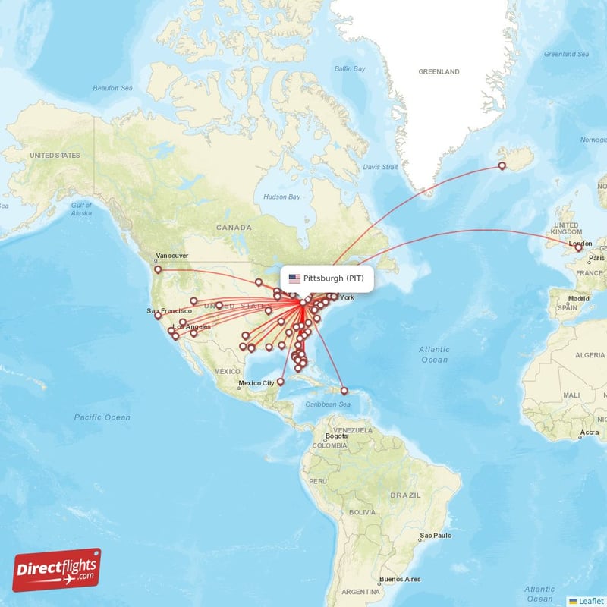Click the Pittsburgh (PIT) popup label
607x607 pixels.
(x=333, y=278)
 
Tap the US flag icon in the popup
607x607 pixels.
(x=294, y=278)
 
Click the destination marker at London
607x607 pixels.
(x=579, y=247)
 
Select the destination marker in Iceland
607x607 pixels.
(x=502, y=165)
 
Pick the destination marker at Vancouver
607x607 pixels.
(x=158, y=269)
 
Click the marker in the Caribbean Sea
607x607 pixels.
(x=344, y=392)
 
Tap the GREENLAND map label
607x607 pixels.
(x=439, y=72)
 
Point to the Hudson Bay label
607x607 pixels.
(x=281, y=197)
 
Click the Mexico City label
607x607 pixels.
(x=256, y=383)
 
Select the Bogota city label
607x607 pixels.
(x=335, y=436)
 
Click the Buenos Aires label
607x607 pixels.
(x=400, y=579)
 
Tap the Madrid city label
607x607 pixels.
(x=579, y=299)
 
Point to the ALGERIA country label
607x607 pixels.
(x=589, y=355)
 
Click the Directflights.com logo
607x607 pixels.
(x=57, y=570)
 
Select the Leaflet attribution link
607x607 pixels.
(x=587, y=600)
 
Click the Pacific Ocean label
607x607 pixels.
(x=102, y=417)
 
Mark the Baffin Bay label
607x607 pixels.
(x=350, y=70)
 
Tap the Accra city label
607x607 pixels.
(x=588, y=432)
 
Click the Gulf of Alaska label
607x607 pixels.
(x=81, y=209)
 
